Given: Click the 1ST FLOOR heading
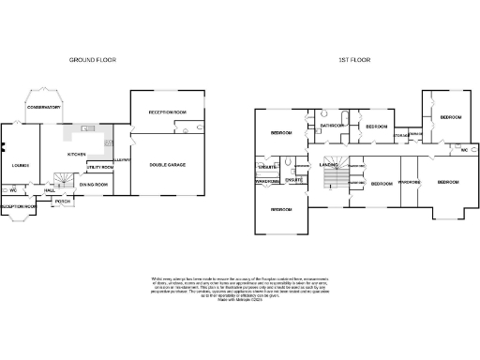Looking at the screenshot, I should pos(355,60).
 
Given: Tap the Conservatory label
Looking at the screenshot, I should pos(43,108).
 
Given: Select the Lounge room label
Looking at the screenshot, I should pos(20,166).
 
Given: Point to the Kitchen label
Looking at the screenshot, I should pos(77,154).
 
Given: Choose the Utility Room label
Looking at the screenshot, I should pos(99,167).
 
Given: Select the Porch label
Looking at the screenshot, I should pos(63,202).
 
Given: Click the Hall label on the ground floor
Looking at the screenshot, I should pos(49,191).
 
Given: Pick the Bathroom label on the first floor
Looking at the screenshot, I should pos(333,125).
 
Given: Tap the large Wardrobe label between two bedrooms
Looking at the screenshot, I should pos(410,182).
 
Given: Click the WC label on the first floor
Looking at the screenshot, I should pos(463,150).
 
